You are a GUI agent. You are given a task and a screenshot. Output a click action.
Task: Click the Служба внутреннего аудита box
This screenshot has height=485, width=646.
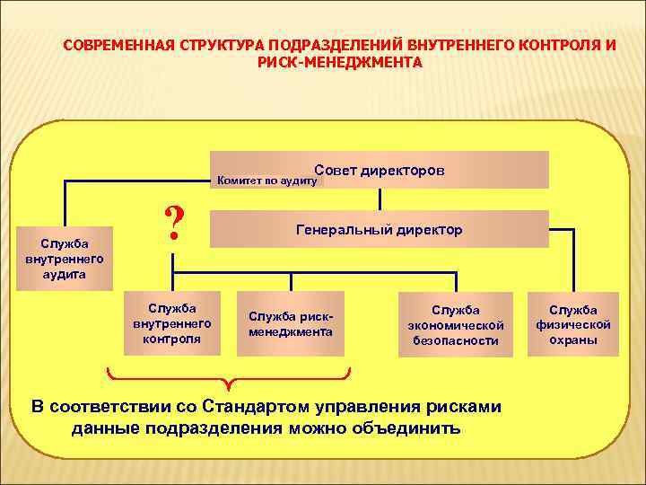coord(65,258)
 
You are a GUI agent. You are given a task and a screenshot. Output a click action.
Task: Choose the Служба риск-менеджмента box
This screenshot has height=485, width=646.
coord(291,324)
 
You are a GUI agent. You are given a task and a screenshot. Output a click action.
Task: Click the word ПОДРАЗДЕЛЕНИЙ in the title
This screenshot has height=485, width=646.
coord(342,44)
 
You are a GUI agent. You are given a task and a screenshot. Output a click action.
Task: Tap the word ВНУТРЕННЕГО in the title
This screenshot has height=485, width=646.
coord(457,44)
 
